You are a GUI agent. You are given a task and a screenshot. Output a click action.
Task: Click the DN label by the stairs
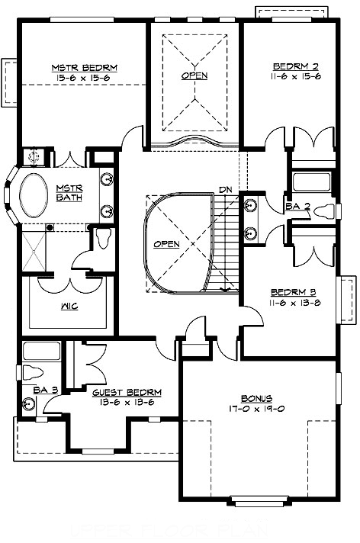tap(225, 189)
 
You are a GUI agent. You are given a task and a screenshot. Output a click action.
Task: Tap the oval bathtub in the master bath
tap(34, 198)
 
